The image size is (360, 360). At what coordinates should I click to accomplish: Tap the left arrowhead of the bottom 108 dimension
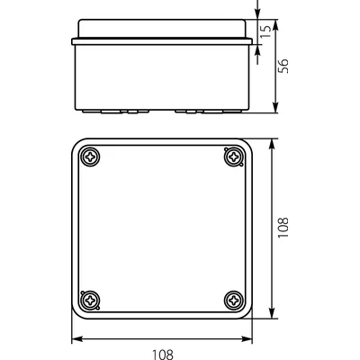click(x=76, y=339)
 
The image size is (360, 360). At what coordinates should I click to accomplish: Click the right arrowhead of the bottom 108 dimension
click(x=248, y=339)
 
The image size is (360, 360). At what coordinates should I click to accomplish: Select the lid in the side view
click(x=162, y=30)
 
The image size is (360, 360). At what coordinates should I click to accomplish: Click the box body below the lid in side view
click(x=162, y=76)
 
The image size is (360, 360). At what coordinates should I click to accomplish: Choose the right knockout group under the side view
click(x=198, y=112)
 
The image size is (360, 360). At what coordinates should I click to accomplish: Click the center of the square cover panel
click(x=162, y=229)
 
